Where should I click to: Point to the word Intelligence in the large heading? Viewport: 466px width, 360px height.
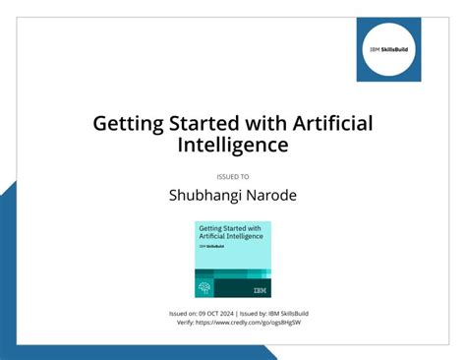pos(233,145)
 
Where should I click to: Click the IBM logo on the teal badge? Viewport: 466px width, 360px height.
pos(259,289)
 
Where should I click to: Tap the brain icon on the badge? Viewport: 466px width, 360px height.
pos(205,288)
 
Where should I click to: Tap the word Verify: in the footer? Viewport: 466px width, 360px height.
pos(186,323)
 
